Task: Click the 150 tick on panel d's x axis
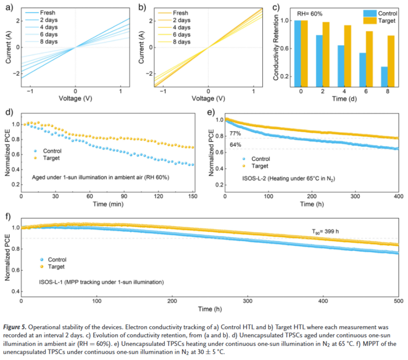pyautogui.click(x=194, y=197)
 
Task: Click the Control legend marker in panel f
pyautogui.click(x=41, y=259)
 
